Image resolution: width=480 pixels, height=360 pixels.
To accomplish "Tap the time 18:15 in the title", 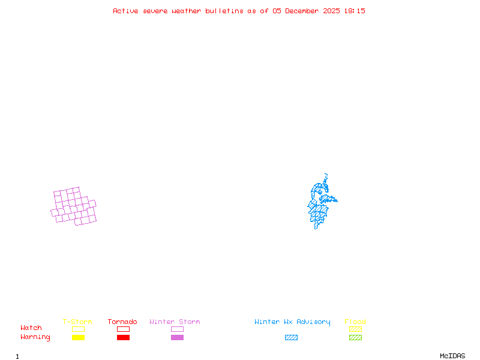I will pos(355,11).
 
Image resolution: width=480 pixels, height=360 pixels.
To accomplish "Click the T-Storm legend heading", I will pos(77,322).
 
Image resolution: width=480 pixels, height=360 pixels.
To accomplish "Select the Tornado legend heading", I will pos(122,322).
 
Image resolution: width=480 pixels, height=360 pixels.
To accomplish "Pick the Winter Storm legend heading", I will pos(175,322).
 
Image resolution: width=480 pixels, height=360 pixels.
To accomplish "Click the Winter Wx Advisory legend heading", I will pos(292,322).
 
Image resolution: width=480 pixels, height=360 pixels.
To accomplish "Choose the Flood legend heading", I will pos(355,322).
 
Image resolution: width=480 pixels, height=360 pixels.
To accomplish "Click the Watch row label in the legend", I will pos(31,328).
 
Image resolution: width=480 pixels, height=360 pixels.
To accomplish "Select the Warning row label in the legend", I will pos(35,337).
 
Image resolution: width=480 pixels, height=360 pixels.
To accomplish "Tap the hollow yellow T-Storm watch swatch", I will pos(78,329).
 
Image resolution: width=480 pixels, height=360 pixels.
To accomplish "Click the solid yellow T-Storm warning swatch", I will pos(78,338).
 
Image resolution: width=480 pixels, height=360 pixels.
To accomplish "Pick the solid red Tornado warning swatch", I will pos(123,338).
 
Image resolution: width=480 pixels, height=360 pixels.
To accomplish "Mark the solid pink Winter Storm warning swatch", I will pos(177,338).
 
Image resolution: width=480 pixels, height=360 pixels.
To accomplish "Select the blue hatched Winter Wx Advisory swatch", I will pos(291,338).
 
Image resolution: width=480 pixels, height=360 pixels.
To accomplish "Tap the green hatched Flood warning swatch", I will pos(355,338).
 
